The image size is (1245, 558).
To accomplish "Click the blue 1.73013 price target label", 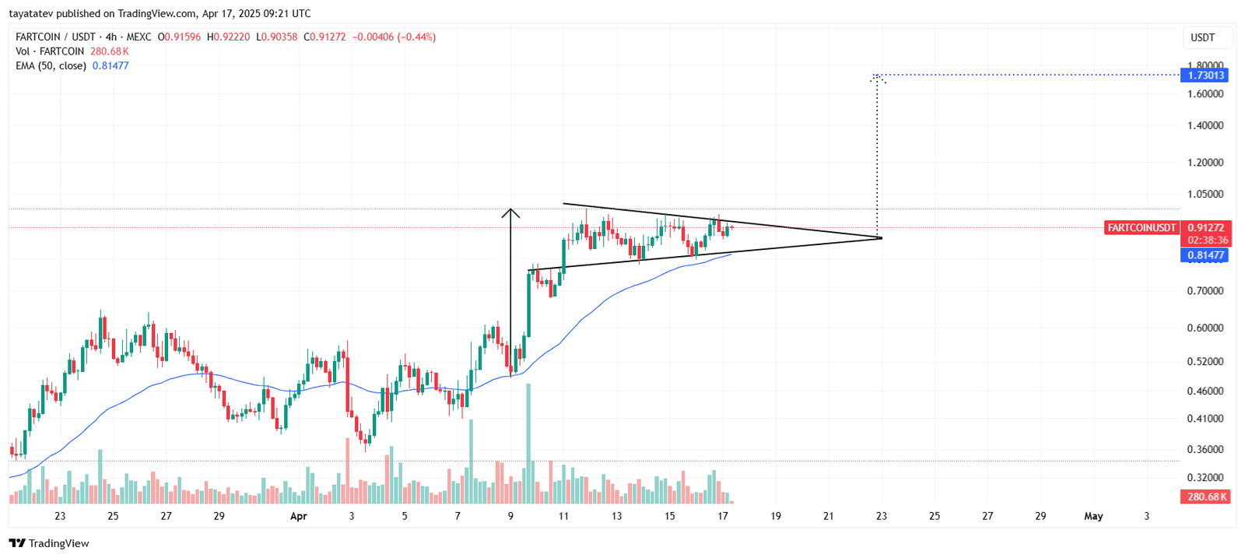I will tap(1204, 75).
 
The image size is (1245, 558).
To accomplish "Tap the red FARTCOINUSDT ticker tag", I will tap(1142, 228).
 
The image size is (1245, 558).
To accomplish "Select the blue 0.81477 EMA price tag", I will tap(1205, 255).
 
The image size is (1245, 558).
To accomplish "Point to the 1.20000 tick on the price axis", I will tap(1205, 163).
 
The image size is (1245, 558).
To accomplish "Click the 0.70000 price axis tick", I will tap(1205, 291).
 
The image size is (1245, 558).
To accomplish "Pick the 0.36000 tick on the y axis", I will tap(1205, 450).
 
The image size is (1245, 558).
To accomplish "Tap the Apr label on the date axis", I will tap(298, 516).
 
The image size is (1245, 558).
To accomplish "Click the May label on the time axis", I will tap(1093, 516).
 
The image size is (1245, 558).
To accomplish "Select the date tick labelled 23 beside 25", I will tap(60, 516).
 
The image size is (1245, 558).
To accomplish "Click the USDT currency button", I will tap(1202, 37).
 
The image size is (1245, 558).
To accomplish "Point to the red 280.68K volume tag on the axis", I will tap(1206, 497).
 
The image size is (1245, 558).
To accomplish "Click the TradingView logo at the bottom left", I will tap(49, 543).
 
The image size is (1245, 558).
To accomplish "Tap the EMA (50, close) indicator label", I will tap(51, 66).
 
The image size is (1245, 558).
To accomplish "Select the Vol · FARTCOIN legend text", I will tap(50, 51).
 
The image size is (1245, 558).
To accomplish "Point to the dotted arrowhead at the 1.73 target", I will tap(878, 78).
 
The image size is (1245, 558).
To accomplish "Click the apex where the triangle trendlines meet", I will tap(881, 237).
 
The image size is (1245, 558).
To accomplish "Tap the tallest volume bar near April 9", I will tap(528, 444).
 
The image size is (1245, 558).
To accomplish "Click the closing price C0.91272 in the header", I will tap(324, 37).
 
